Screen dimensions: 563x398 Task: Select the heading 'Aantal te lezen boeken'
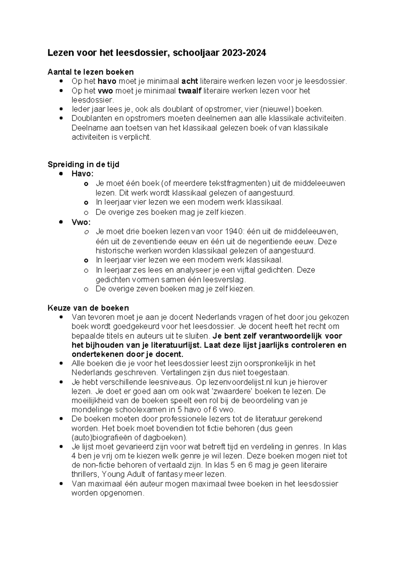pos(91,72)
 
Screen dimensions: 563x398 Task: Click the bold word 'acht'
pos(190,81)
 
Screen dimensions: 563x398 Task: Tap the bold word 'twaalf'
pos(190,91)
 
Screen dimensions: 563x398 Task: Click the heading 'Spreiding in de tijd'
pos(83,164)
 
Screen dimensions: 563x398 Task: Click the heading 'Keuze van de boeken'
pos(88,308)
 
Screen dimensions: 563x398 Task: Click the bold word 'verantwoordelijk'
pos(295,336)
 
